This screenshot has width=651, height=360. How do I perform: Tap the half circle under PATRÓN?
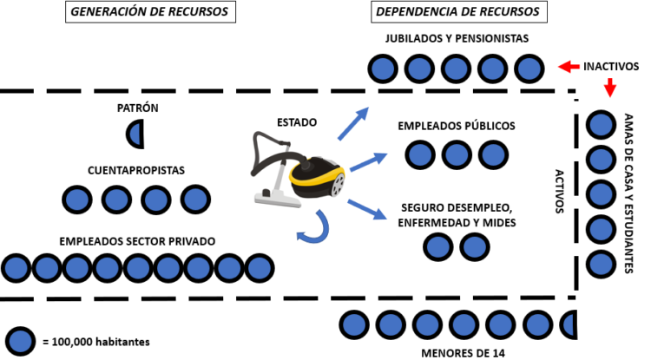[136, 134]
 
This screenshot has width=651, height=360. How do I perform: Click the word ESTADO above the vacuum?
[296, 122]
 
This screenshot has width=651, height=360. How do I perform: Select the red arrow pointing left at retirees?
[569, 66]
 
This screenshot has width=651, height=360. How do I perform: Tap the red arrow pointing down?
[609, 88]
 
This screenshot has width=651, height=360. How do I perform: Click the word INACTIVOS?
[615, 66]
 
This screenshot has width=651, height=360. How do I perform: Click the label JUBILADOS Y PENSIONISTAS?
[457, 39]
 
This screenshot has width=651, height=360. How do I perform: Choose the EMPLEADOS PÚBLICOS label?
[457, 126]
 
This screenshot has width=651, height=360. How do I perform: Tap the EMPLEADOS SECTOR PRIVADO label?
[136, 240]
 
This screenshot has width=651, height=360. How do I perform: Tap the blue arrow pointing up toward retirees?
[352, 124]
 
